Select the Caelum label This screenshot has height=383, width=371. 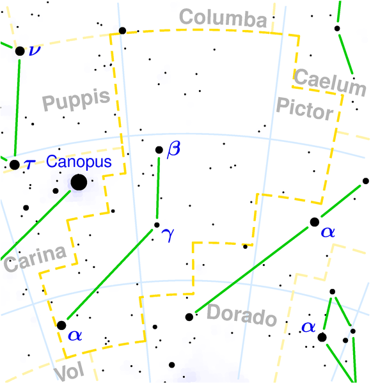(x=330, y=82)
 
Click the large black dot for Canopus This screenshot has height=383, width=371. (x=79, y=182)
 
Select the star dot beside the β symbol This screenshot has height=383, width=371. (x=159, y=150)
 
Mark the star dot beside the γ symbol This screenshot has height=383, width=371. (x=157, y=224)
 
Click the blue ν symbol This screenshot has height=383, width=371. (x=33, y=50)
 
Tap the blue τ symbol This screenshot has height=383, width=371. (x=28, y=164)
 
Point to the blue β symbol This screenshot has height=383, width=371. (x=173, y=151)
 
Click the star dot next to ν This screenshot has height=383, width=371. (x=20, y=51)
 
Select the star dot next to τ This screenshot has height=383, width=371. (x=14, y=165)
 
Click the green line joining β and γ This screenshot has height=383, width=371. (x=158, y=187)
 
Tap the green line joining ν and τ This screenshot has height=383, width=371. (x=17, y=107)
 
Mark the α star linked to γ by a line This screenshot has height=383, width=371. (x=61, y=325)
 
